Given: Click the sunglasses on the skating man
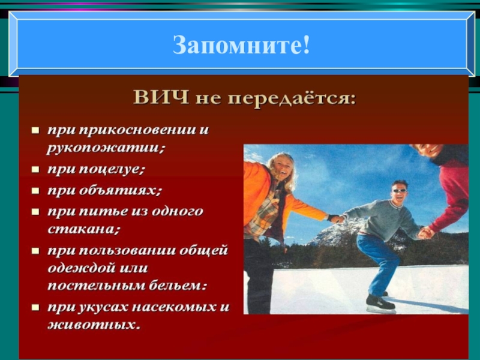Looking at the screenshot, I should [398, 190].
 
